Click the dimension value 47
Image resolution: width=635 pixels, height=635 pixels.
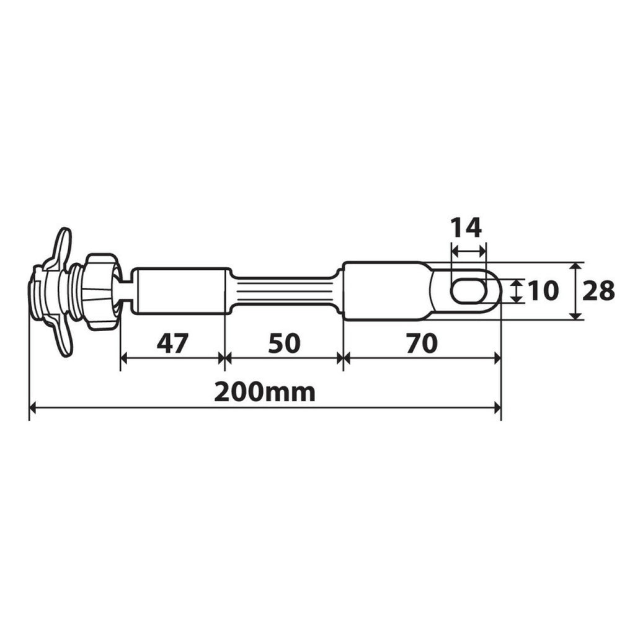coord(172,343)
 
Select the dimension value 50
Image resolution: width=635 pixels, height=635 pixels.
coord(284,343)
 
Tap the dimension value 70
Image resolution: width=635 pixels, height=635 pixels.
coord(422,343)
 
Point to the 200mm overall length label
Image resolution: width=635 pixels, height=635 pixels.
coord(264,393)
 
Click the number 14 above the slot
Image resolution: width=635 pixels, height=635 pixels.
coord(466,228)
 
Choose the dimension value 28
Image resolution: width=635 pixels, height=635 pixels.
coord(598,290)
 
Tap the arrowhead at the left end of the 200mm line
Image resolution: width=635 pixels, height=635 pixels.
coord(33,407)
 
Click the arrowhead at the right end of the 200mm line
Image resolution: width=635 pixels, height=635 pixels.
coord(497,407)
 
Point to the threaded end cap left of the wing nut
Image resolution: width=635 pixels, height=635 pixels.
coord(38,291)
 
